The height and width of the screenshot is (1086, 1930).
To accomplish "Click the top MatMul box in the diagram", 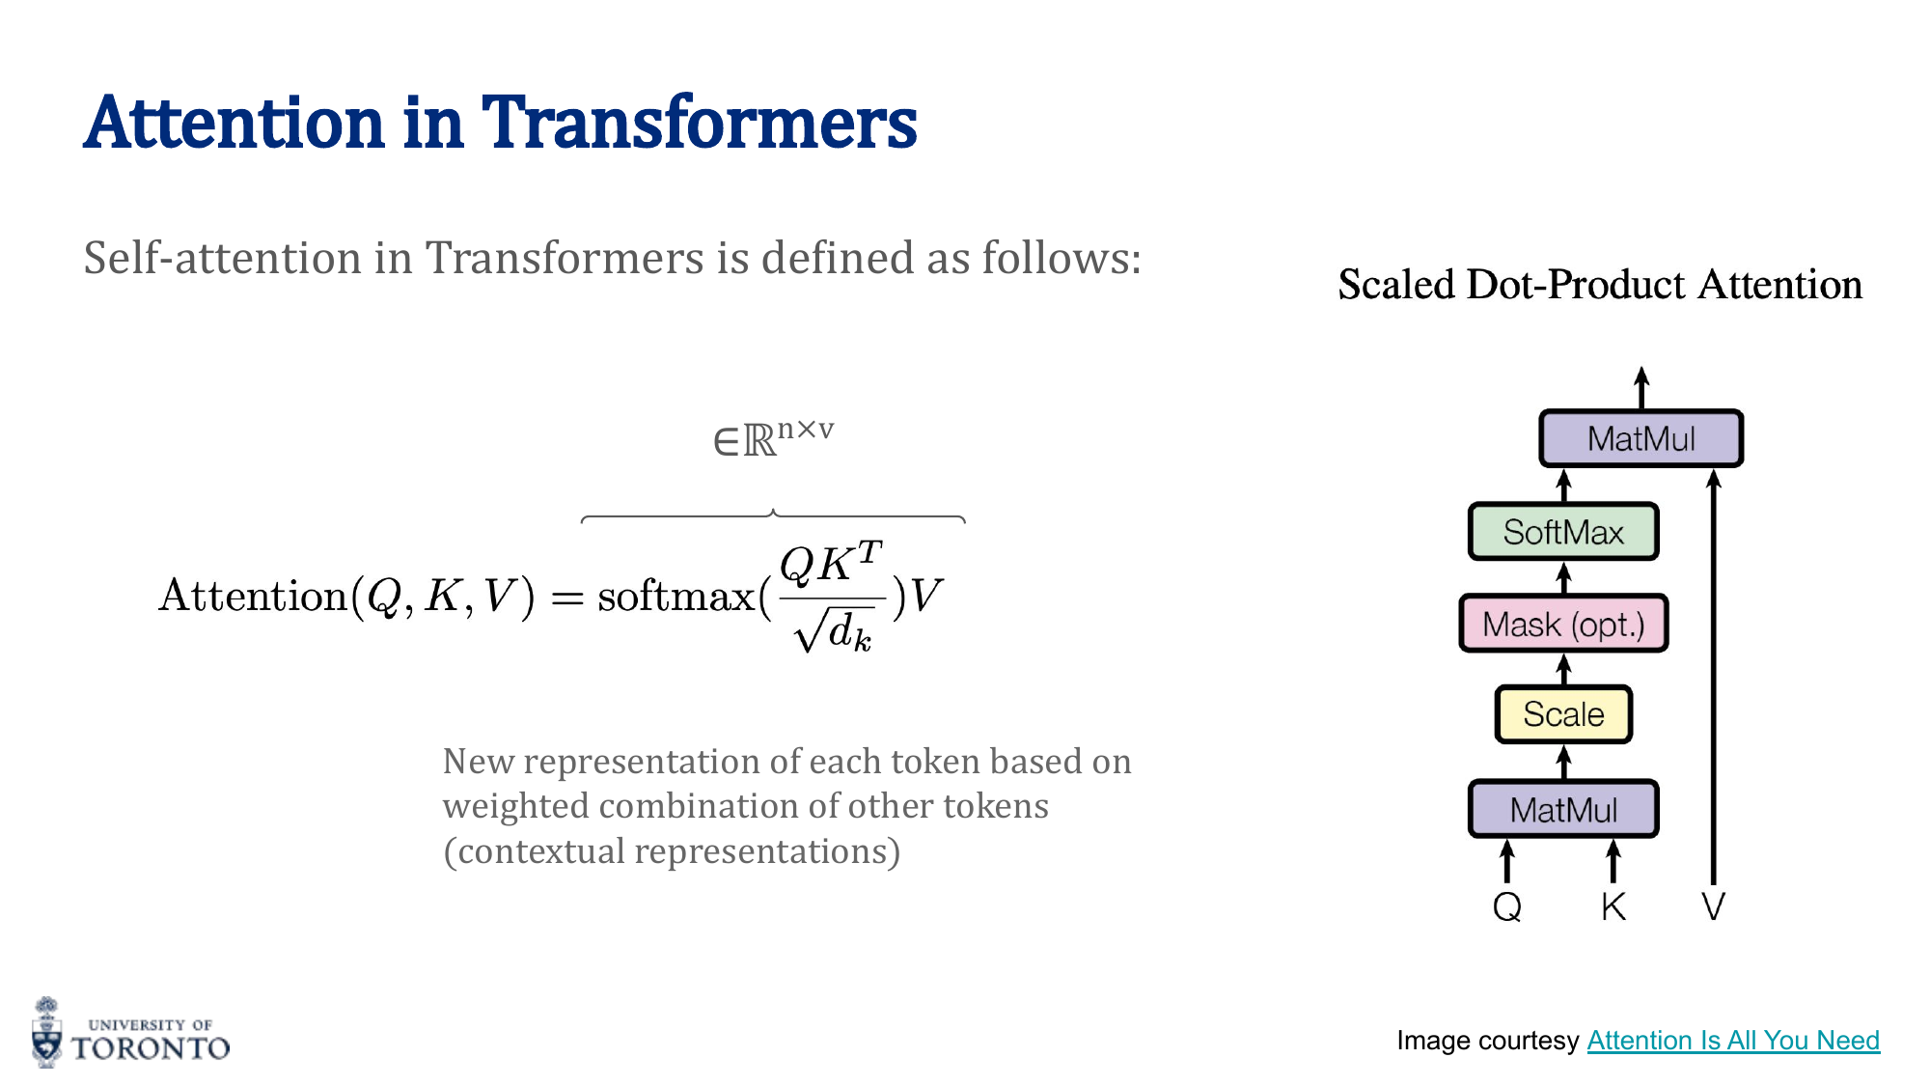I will click(1640, 439).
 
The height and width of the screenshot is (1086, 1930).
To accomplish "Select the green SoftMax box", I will click(1563, 532).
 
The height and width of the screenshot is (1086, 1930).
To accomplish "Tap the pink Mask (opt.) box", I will click(1563, 625).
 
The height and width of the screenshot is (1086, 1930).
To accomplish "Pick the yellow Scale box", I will click(1563, 714).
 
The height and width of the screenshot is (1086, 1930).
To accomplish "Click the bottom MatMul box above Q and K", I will click(1563, 809).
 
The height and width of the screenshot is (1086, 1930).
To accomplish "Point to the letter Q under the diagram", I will click(1507, 906).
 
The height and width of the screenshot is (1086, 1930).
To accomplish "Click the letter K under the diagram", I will click(1613, 906).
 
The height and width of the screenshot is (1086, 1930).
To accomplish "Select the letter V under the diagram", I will click(1713, 906).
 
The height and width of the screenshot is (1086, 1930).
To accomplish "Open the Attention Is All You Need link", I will click(1733, 1040).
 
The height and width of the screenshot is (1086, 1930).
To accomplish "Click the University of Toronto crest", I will click(46, 1033).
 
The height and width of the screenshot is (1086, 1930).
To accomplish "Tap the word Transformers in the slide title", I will click(699, 124).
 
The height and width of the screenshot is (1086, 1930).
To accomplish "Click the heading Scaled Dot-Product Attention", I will click(1600, 285).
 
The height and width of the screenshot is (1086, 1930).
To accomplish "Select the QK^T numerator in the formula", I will click(830, 564).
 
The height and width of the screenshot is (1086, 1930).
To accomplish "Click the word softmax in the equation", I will click(675, 597).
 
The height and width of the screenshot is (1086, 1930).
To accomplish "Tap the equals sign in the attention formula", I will click(567, 599).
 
